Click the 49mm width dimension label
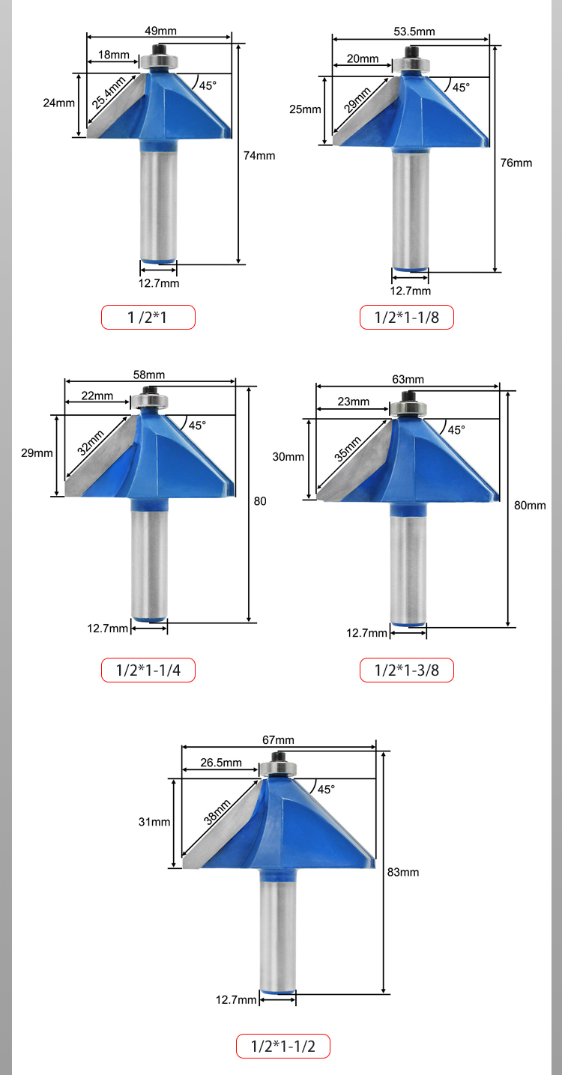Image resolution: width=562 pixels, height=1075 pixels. [x=161, y=31]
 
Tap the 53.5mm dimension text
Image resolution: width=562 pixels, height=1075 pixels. [x=414, y=31]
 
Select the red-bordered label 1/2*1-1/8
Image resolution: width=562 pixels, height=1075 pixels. [x=406, y=317]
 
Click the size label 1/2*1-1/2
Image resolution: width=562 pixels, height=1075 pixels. [x=283, y=1047]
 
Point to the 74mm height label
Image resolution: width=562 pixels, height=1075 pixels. [x=259, y=156]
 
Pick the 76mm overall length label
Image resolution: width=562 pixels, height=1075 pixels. [x=516, y=163]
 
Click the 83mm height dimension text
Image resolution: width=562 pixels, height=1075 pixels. [x=403, y=872]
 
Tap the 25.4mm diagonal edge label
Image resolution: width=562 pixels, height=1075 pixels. [x=109, y=92]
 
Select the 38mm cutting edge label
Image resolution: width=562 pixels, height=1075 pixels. [x=217, y=812]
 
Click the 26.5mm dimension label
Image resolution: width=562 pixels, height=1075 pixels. [x=221, y=763]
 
